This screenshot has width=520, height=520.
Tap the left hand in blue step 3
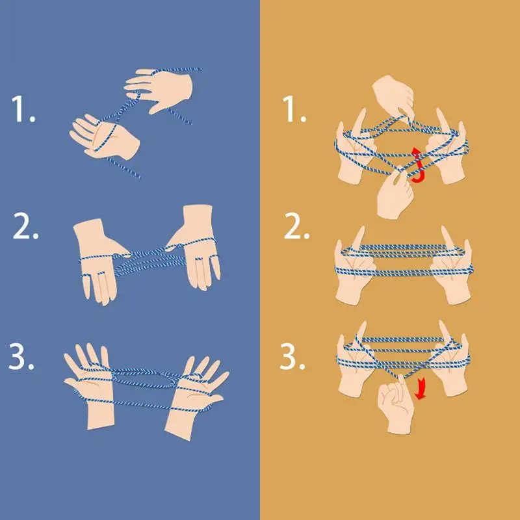(x=91, y=383)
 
